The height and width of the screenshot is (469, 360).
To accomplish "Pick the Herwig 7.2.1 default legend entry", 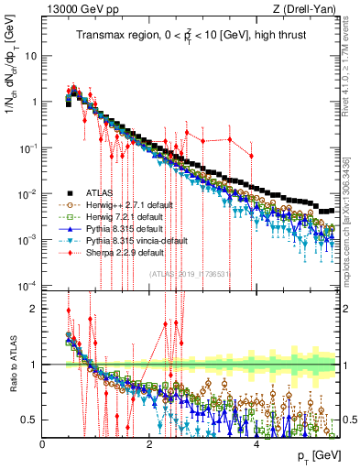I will tap(123, 217).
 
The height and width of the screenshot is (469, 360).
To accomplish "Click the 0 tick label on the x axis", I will tap(43, 445).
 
